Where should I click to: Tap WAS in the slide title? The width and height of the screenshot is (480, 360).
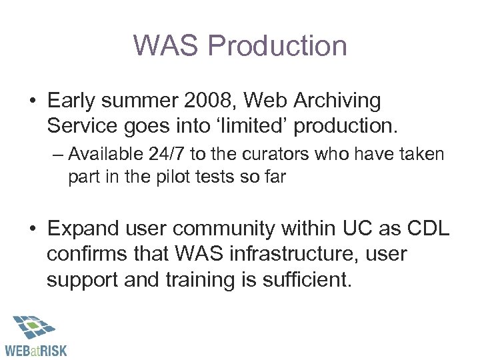click(168, 46)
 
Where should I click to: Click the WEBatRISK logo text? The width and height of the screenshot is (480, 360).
click(36, 348)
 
